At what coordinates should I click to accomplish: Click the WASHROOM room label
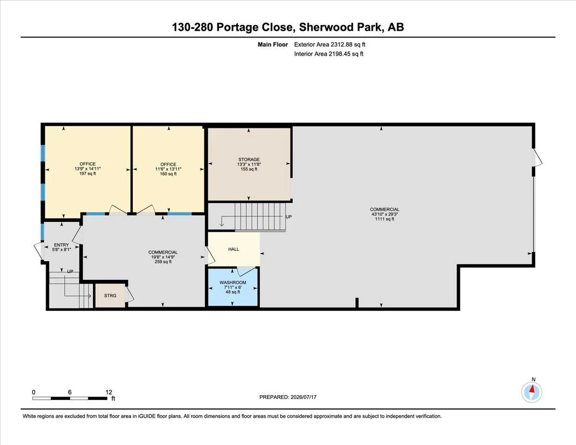click(x=233, y=283)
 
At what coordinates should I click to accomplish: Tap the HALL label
click(x=234, y=249)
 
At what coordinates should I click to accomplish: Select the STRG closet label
click(x=110, y=296)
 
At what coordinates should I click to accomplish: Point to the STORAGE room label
click(x=249, y=159)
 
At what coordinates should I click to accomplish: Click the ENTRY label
click(x=61, y=245)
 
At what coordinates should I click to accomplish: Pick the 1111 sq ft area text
click(x=384, y=219)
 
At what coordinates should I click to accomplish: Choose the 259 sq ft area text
click(x=163, y=262)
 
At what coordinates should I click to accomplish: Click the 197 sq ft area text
click(x=87, y=174)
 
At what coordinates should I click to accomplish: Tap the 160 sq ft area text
click(x=168, y=174)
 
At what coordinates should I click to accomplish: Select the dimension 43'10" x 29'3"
click(x=384, y=215)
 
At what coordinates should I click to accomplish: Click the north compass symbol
click(x=531, y=392)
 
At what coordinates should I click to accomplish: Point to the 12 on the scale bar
click(x=108, y=392)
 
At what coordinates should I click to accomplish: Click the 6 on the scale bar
click(x=70, y=392)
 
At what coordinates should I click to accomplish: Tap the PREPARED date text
click(x=288, y=397)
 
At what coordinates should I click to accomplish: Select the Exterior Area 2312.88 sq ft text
click(x=330, y=45)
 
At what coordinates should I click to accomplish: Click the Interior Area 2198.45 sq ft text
click(x=329, y=54)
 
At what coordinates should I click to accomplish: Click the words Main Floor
click(x=273, y=45)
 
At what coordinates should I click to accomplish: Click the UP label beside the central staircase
click(x=288, y=217)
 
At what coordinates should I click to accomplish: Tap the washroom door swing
click(x=246, y=271)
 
